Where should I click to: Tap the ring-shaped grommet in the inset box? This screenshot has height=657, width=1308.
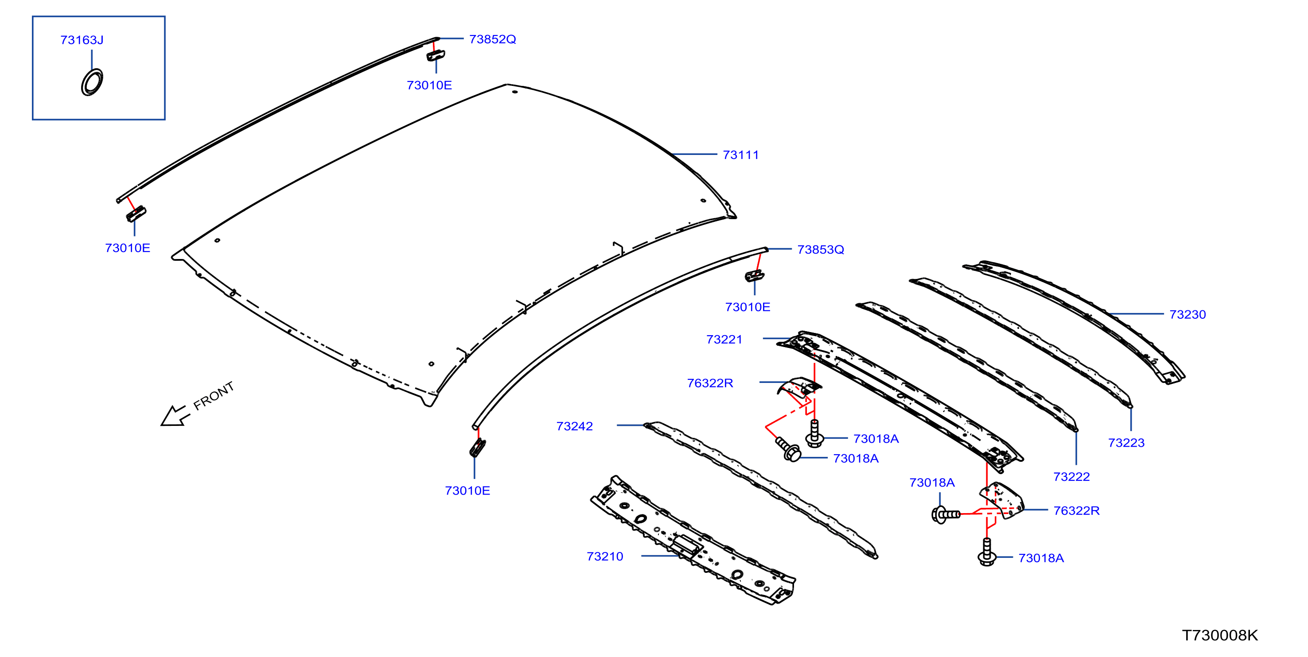pyautogui.click(x=92, y=82)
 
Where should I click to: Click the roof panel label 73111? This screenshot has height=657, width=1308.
pyautogui.click(x=740, y=155)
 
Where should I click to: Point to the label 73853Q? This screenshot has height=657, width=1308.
pyautogui.click(x=820, y=250)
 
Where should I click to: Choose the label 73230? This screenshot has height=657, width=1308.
pyautogui.click(x=1187, y=314)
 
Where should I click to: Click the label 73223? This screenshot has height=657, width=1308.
pyautogui.click(x=1126, y=443)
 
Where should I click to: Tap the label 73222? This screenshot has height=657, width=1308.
pyautogui.click(x=1071, y=477)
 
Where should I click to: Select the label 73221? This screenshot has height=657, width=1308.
pyautogui.click(x=724, y=340)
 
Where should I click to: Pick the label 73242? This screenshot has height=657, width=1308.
pyautogui.click(x=574, y=426)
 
